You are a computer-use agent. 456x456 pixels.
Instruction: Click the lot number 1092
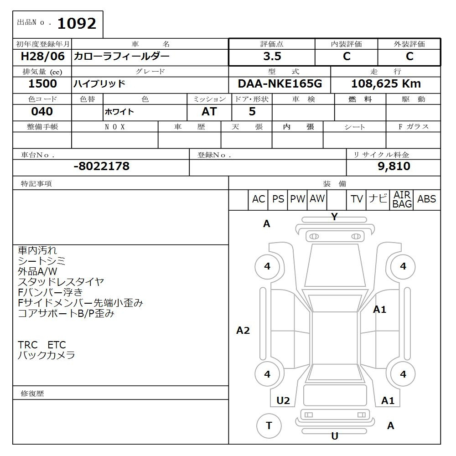coord(77,23)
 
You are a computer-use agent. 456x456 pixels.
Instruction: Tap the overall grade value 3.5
coord(272,57)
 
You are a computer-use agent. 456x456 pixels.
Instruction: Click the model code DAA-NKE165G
coord(280,84)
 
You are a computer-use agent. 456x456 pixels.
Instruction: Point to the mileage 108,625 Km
coord(386,84)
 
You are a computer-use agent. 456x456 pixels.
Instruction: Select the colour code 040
coord(42,112)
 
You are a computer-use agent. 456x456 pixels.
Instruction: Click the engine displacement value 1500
coord(42,84)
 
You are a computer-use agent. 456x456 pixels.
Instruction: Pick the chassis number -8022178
coord(101,166)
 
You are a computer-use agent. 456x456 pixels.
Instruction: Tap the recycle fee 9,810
coord(394,166)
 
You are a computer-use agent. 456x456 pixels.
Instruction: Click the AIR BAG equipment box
coord(402,200)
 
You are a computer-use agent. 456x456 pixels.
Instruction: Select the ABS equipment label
coord(426,199)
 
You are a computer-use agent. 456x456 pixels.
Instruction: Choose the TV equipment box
coord(357,199)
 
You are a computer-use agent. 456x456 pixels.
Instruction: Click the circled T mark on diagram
coord(269,426)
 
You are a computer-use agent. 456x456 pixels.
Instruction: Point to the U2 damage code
coord(283,401)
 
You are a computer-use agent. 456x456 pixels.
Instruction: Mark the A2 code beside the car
coord(243,331)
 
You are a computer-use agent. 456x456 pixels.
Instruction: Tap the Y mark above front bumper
coord(334,217)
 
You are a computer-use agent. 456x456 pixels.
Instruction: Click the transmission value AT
coord(209,112)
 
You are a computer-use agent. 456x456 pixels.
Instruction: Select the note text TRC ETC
coord(41,345)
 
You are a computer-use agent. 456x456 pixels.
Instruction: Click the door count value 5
coord(252,112)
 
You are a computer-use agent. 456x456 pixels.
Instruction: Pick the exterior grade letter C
coord(409,57)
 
